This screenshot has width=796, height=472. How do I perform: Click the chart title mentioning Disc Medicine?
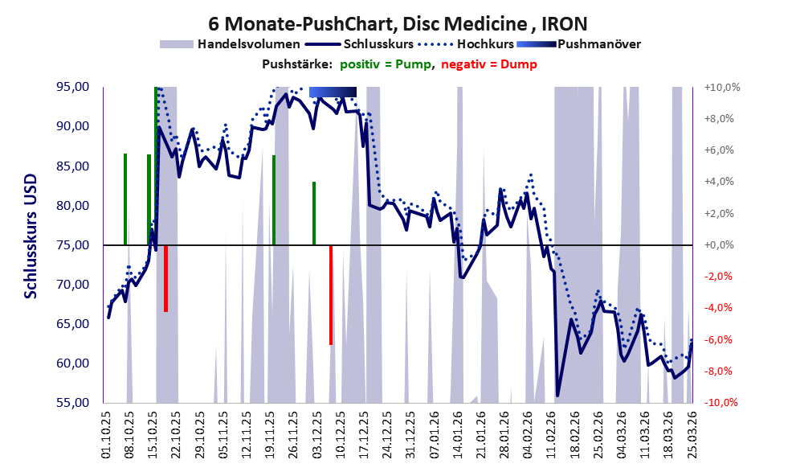pyautogui.click(x=398, y=23)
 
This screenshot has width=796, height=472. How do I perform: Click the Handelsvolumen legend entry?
pyautogui.click(x=230, y=44)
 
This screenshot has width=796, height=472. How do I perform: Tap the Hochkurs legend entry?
pyautogui.click(x=466, y=44)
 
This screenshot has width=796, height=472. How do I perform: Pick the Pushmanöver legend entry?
pyautogui.click(x=578, y=44)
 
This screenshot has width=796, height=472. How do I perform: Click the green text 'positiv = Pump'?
pyautogui.click(x=386, y=64)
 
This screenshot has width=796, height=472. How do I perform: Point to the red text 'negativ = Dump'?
pyautogui.click(x=489, y=64)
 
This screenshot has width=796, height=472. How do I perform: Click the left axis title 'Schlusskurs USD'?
pyautogui.click(x=31, y=236)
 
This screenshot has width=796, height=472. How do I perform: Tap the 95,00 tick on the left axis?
pyautogui.click(x=72, y=87)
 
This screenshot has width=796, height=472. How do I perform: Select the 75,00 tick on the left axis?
pyautogui.click(x=72, y=245)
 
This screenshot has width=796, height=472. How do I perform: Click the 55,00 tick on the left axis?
pyautogui.click(x=72, y=402)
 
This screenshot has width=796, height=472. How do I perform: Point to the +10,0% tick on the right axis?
pyautogui.click(x=721, y=88)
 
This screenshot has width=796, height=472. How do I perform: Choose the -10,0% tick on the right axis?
pyautogui.click(x=721, y=402)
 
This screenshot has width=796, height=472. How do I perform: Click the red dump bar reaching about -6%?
pyautogui.click(x=331, y=295)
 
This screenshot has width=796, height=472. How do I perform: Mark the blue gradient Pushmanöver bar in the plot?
pyautogui.click(x=333, y=92)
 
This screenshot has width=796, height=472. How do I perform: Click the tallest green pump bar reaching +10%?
pyautogui.click(x=156, y=166)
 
